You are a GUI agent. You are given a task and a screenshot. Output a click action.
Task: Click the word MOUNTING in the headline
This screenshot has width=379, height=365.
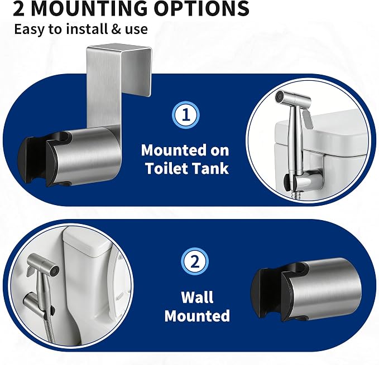coord(89,8)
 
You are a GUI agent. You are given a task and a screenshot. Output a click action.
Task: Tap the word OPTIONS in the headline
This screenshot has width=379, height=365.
coord(202,8)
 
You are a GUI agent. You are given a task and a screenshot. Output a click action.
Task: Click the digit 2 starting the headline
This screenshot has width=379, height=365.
coord(19,8)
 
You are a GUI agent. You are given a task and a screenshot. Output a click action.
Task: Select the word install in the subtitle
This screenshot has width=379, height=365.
coord(87,29)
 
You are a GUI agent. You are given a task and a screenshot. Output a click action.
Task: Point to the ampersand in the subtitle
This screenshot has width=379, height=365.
coord(116,29)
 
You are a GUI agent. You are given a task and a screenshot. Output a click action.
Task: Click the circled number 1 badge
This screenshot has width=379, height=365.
coord(186,115)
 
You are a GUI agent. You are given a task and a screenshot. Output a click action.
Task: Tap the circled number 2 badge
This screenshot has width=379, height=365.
coord(195,262)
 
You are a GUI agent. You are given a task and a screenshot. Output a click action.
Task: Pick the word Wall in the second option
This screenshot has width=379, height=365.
coord(197,297)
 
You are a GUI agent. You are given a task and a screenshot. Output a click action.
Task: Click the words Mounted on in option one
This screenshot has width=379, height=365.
coord(185,150)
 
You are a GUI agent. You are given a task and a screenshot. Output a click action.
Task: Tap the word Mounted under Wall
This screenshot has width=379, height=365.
coord(197,315)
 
